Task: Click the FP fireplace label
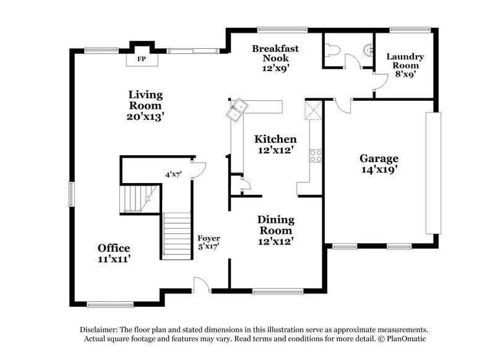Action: pyautogui.click(x=141, y=59)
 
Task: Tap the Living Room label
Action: pyautogui.click(x=146, y=100)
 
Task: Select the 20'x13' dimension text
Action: pyautogui.click(x=146, y=116)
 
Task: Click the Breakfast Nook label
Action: pyautogui.click(x=275, y=53)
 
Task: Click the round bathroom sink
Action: pyautogui.click(x=369, y=49)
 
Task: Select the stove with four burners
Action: pyautogui.click(x=316, y=155)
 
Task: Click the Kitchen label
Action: pyautogui.click(x=275, y=139)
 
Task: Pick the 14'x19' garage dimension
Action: pyautogui.click(x=379, y=168)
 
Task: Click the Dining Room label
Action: pyautogui.click(x=275, y=225)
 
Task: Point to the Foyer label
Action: pyautogui.click(x=209, y=238)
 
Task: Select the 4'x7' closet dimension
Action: pyautogui.click(x=174, y=174)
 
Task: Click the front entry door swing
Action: pyautogui.click(x=200, y=285)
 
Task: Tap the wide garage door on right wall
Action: pyautogui.click(x=432, y=173)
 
